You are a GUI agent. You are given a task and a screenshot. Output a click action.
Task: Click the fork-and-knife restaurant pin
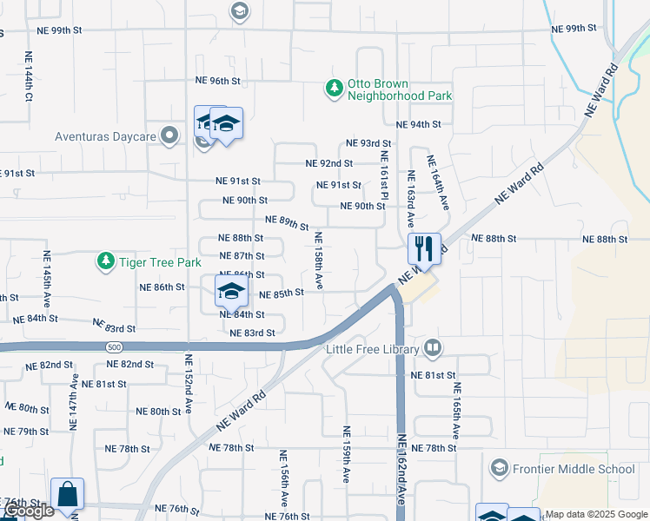[x=424, y=249]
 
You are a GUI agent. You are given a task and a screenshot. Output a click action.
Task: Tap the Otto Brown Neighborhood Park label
[x=400, y=90]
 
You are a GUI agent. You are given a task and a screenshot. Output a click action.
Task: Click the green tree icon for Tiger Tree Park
[x=105, y=260]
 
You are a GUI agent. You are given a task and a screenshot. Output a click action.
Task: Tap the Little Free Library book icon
[x=433, y=349]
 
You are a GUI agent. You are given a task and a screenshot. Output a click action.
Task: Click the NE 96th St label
[x=217, y=81]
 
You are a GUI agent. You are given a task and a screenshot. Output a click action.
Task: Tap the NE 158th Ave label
[x=319, y=260]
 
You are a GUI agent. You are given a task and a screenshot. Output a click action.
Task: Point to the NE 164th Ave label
[x=437, y=183]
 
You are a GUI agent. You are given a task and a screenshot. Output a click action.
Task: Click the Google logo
[x=29, y=511]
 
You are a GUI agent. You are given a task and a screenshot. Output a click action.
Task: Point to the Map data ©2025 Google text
[x=596, y=514]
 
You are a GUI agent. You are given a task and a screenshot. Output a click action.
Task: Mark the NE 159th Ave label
[x=346, y=454]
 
